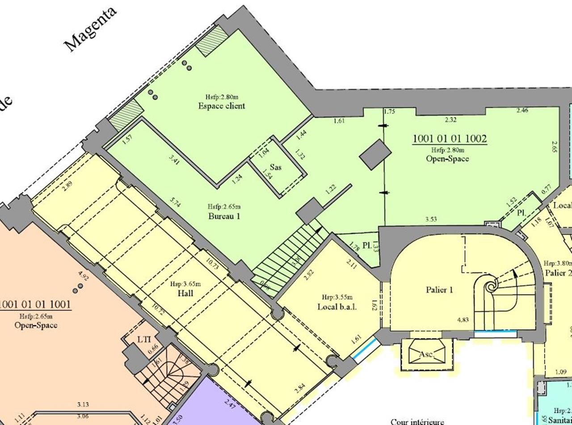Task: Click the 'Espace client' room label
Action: point(222,106)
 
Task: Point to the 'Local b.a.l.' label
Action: point(337,307)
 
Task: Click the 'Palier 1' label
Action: point(439,290)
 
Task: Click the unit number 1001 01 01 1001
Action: point(36,305)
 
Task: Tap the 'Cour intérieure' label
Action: point(417,421)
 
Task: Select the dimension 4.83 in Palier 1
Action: point(463,320)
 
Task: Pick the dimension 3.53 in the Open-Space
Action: point(431,219)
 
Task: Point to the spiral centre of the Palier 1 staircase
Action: point(490,285)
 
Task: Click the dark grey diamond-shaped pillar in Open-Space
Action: point(373,154)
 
